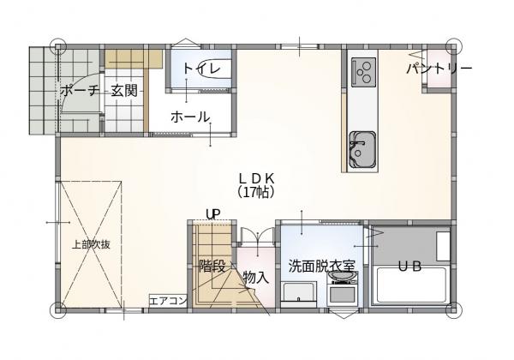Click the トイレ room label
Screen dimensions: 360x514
point(201,69)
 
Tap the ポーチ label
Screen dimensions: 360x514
point(78,91)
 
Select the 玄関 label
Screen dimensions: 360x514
point(124,91)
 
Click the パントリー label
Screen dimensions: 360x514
point(438,68)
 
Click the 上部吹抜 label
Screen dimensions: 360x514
point(91,244)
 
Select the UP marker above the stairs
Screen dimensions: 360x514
point(212,214)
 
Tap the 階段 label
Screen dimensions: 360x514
point(212,266)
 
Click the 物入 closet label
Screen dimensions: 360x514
point(255,277)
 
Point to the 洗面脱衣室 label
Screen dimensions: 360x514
point(321,266)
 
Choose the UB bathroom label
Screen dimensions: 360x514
point(409,267)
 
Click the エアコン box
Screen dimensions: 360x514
point(167,301)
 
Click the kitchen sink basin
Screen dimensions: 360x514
point(360,150)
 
